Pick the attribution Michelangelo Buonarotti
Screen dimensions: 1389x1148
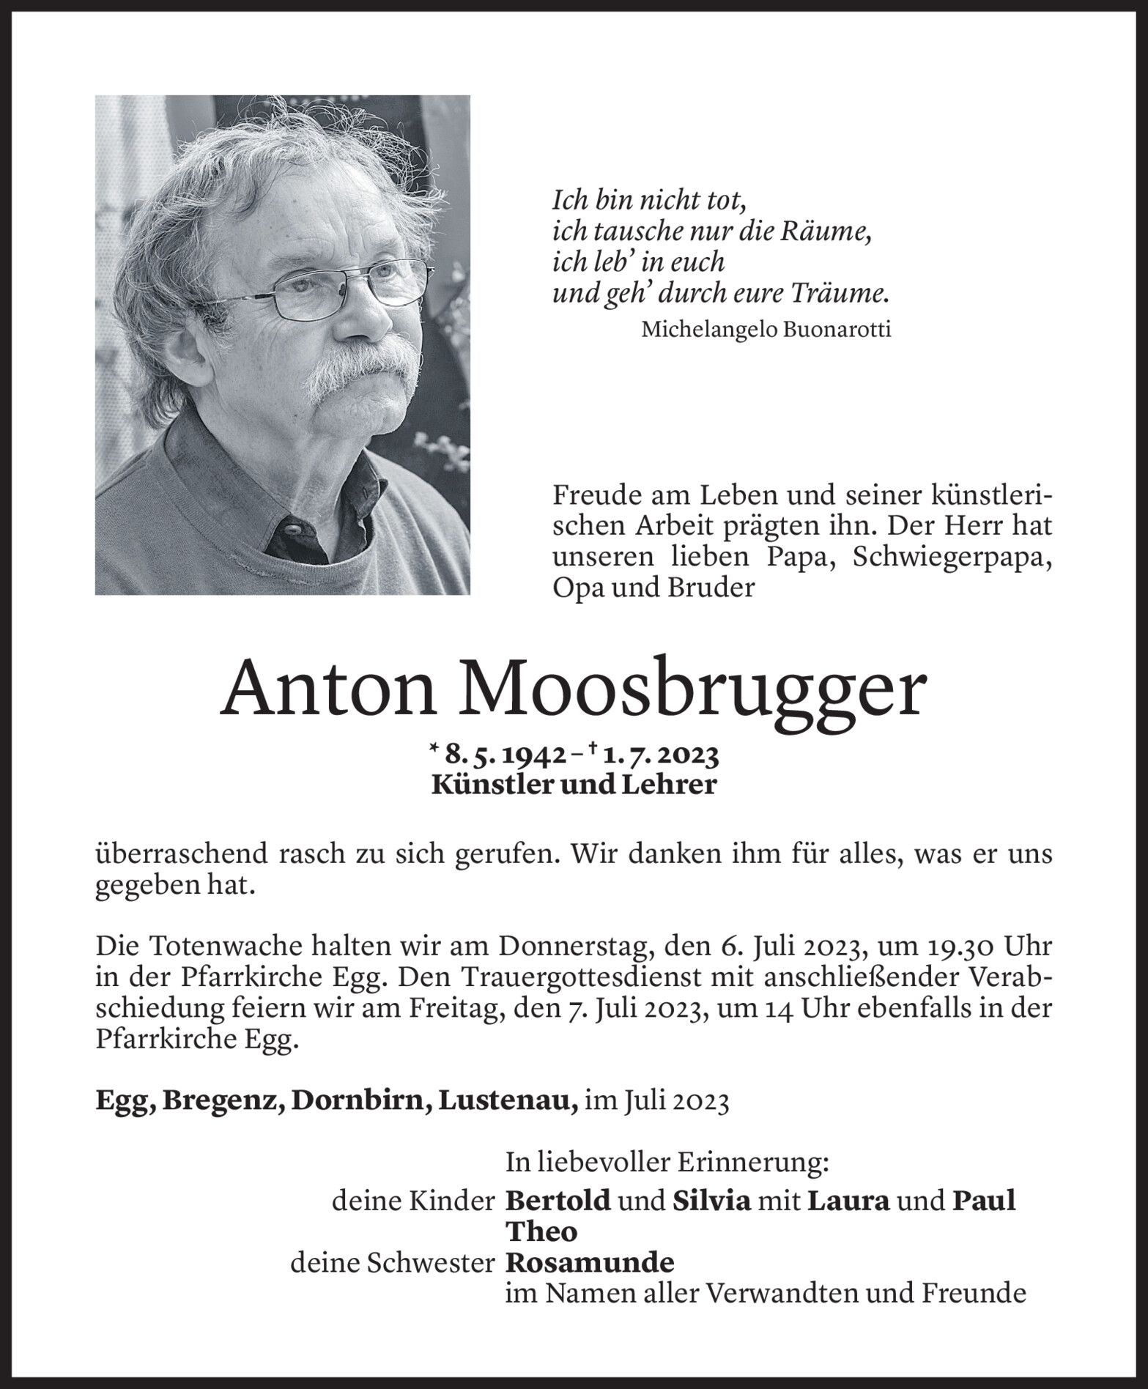pos(766,330)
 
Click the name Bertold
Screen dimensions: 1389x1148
pos(558,1201)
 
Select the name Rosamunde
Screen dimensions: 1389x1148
pos(590,1262)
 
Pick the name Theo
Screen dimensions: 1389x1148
pos(542,1231)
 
